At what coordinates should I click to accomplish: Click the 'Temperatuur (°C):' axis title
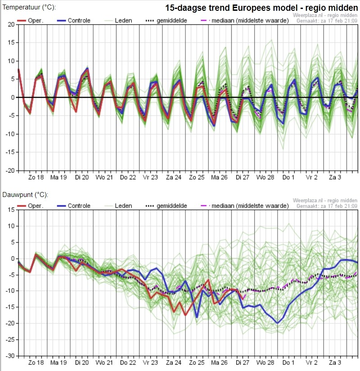click(x=29, y=8)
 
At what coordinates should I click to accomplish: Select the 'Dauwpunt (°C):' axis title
click(x=25, y=195)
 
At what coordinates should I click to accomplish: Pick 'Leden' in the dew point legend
click(x=123, y=206)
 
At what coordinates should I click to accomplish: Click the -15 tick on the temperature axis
click(x=10, y=152)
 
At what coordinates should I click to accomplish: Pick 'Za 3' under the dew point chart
click(x=335, y=362)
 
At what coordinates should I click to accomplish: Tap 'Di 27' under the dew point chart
click(x=242, y=362)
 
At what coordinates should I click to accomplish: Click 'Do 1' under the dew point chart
click(x=288, y=362)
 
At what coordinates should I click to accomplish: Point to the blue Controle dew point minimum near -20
click(x=278, y=323)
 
